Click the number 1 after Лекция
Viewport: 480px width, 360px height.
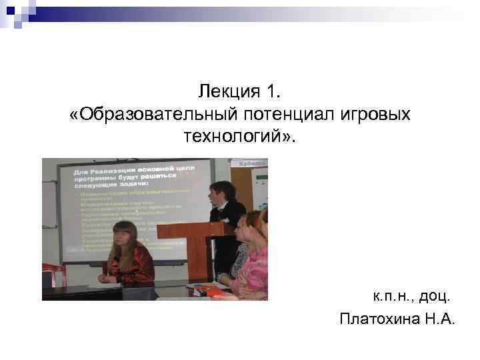point(271,89)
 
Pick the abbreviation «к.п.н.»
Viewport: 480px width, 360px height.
point(392,294)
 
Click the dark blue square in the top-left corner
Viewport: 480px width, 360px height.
point(10,11)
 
